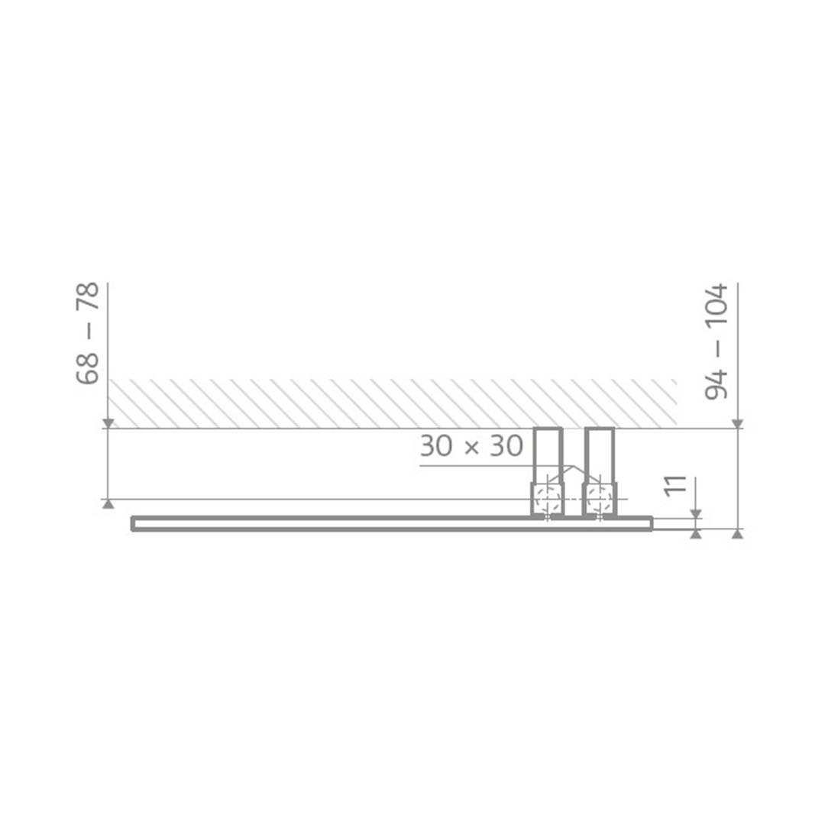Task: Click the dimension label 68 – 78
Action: coord(89,333)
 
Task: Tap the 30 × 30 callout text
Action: coord(471,446)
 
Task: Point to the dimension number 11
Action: coord(675,487)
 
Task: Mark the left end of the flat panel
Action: coord(134,523)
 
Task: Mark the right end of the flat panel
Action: coord(650,523)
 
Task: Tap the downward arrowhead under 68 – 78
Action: coord(108,423)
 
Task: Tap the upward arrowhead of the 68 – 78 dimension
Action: coord(108,503)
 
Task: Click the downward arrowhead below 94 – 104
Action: coord(737,423)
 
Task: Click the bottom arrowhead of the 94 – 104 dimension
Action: coord(737,534)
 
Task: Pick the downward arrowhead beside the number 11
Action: coord(695,513)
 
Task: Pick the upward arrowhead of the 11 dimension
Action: coord(695,534)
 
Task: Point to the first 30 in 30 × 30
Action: coord(436,446)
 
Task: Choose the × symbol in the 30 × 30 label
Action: coord(471,447)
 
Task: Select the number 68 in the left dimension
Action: coord(89,369)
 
